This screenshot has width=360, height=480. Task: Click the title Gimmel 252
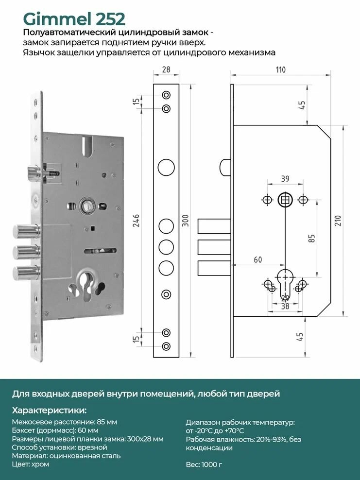74,19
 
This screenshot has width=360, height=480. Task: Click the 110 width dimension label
281,69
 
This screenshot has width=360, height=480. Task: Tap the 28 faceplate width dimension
166,69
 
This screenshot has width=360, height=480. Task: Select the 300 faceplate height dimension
185,221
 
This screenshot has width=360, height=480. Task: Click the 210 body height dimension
337,221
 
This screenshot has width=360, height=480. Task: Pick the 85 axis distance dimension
311,239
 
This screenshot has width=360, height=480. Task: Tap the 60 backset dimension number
258,259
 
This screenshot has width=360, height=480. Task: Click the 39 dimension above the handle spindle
285,178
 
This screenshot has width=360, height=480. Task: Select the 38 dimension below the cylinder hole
285,306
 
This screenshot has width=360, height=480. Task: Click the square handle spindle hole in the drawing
285,200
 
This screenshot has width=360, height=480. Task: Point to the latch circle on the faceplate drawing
166,168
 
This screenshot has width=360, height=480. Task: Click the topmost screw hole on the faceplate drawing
166,95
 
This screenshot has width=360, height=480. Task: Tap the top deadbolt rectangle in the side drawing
214,226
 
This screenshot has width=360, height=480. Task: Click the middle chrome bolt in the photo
26,252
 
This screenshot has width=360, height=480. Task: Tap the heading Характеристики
49,410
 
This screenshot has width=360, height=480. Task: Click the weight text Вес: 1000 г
204,464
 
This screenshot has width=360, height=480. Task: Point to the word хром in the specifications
40,464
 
